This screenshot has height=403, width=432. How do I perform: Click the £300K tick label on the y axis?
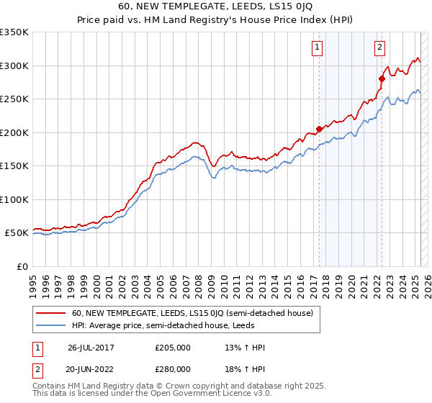pos(14,65)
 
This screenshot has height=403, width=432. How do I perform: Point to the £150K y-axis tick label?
pos(14,166)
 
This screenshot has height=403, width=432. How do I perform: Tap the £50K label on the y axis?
pos(16,233)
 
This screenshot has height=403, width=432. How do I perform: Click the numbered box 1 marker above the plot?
pos(318,48)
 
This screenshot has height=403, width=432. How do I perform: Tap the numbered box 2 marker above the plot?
pos(379,48)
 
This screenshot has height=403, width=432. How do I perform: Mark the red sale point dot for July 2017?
pos(319,130)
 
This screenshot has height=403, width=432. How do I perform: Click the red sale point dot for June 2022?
pos(382,79)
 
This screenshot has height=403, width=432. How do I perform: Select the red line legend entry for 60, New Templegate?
pos(192,313)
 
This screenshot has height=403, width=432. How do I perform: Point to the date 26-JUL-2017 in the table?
pos(91,348)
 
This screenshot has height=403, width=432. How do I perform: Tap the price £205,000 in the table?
pos(173,348)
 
